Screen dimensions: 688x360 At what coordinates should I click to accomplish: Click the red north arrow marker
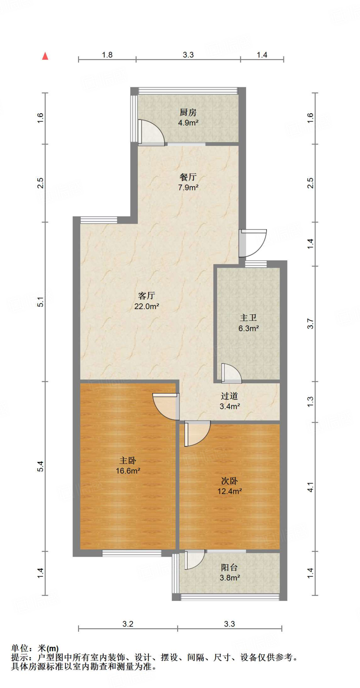click(45, 56)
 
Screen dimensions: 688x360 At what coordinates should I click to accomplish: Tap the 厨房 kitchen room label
click(188, 112)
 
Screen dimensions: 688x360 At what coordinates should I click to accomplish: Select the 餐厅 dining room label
click(188, 177)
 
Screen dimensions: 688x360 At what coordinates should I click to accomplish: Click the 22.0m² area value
click(147, 306)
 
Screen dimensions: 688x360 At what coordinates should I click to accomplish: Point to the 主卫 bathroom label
click(248, 318)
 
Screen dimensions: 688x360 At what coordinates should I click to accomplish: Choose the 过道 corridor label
click(230, 396)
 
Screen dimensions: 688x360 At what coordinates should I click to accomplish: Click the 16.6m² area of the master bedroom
click(128, 471)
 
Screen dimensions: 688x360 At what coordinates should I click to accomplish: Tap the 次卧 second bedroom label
click(230, 481)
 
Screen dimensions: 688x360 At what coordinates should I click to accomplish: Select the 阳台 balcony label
click(230, 567)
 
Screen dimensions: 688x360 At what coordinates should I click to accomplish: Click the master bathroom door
click(231, 373)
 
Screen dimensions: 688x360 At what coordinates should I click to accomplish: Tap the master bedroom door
click(165, 406)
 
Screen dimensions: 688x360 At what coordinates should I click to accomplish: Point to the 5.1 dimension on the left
click(41, 302)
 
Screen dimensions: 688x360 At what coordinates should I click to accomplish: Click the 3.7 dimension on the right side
click(310, 324)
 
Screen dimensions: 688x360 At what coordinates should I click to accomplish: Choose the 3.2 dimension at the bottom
click(128, 624)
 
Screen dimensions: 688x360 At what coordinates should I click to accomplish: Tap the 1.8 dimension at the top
click(107, 55)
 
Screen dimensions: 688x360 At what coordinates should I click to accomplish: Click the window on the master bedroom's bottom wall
click(132, 553)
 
